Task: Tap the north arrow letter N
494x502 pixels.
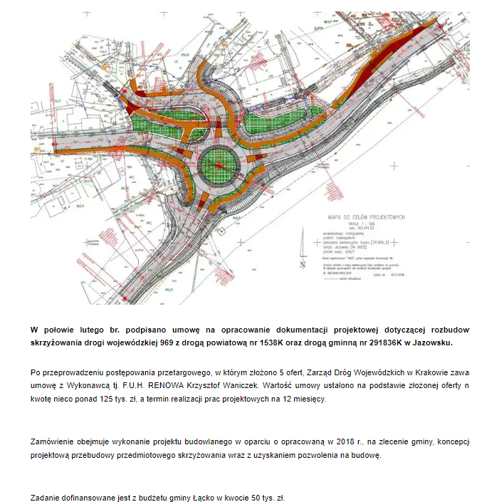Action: tap(303, 264)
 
